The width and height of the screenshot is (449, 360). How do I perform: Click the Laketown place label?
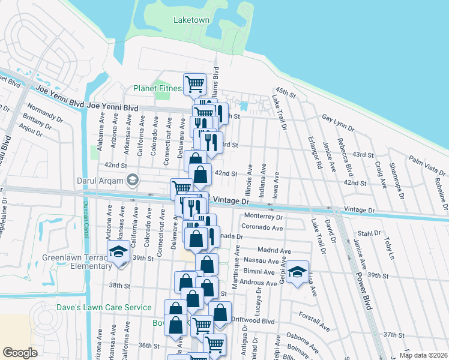191,20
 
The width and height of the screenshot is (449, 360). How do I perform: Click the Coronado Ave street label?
261,228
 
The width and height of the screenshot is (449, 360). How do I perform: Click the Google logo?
20,352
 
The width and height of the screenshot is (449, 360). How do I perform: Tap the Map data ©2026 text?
423,355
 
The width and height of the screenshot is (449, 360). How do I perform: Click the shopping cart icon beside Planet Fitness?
194,84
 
